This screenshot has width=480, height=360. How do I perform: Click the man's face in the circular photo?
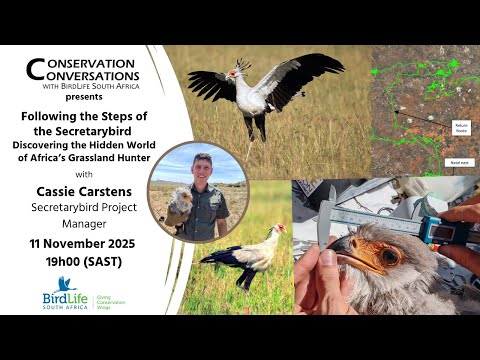(203, 167)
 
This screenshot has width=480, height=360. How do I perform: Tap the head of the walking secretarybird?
(279, 231)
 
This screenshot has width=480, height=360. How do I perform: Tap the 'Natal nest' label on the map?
(459, 160)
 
